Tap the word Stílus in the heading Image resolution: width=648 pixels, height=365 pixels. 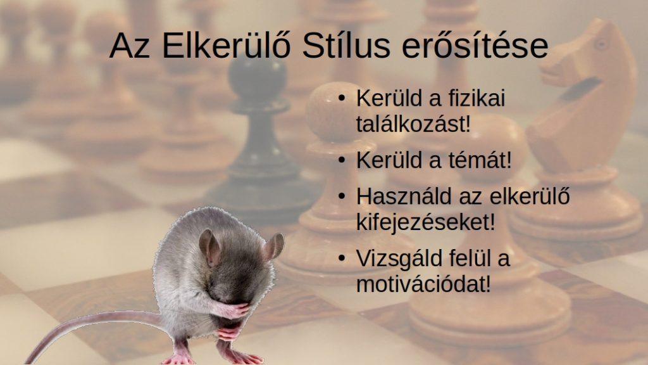coord(346,45)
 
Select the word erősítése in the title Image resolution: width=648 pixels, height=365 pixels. coord(475,45)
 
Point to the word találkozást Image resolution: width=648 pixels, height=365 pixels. coord(413,124)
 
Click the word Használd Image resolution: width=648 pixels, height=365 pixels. coord(404,196)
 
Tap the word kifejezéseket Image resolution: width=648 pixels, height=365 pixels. coord(425,221)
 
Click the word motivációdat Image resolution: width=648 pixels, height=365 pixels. coord(423,283)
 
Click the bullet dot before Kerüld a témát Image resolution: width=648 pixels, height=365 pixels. coord(341,160)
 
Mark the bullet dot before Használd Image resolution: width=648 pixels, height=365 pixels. coord(341,196)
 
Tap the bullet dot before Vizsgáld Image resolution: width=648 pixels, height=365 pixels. coord(341,259)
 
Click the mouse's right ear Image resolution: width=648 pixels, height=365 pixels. coord(273,247)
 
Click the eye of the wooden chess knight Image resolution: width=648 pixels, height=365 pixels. coord(602,44)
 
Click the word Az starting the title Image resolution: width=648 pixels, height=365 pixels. coord(129,45)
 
